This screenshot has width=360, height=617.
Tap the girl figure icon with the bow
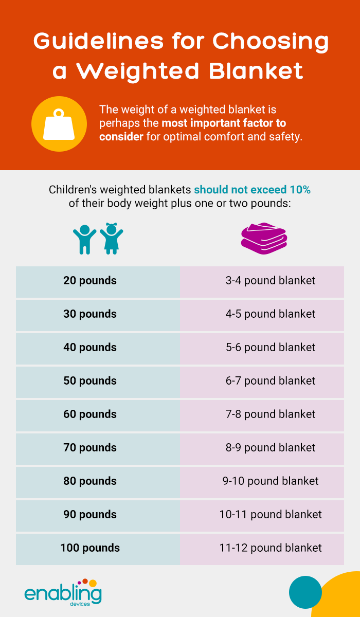click(x=112, y=239)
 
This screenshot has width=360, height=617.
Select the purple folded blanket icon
click(x=264, y=238)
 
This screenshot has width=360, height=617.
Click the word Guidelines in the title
click(x=99, y=41)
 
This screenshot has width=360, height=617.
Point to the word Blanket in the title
click(x=256, y=71)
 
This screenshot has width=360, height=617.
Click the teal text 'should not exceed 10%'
click(x=253, y=190)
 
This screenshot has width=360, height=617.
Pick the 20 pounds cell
click(x=98, y=282)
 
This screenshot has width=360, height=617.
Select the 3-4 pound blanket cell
click(x=262, y=282)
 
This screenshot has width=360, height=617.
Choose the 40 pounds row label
click(x=90, y=348)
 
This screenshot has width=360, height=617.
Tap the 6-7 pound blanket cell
click(x=262, y=382)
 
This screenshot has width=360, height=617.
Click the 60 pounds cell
click(x=98, y=415)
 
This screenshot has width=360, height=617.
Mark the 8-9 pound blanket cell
click(x=262, y=449)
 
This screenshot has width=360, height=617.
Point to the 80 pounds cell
click(x=98, y=483)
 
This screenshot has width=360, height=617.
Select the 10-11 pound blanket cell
click(x=262, y=516)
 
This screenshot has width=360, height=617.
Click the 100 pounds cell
click(x=98, y=549)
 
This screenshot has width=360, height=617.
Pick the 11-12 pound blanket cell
click(x=262, y=549)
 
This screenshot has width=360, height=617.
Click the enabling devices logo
click(x=63, y=592)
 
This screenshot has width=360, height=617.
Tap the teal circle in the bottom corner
click(x=305, y=592)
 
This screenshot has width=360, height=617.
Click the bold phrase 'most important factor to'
click(x=224, y=123)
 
